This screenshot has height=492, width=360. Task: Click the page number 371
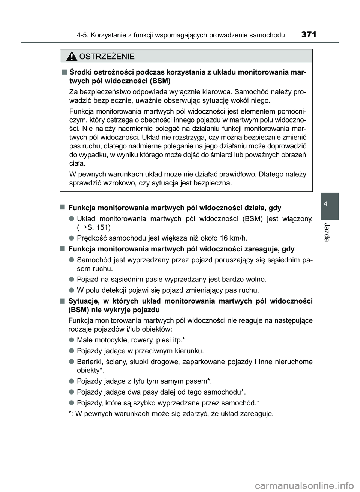click(308, 35)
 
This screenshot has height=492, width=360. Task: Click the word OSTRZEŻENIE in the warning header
click(107, 57)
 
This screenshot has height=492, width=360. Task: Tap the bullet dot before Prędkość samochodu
click(71, 238)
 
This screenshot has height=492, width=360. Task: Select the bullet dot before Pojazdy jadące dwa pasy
click(71, 392)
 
